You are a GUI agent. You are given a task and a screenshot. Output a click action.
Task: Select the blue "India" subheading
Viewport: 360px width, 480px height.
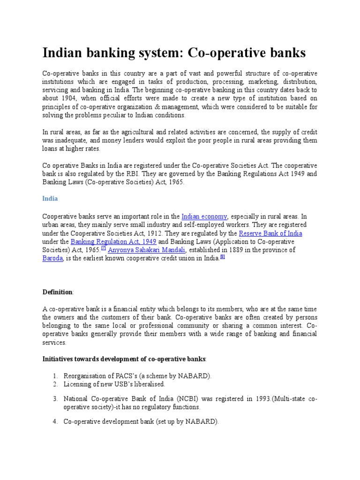[x=50, y=198]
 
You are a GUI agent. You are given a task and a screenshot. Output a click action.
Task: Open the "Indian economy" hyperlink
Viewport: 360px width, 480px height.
[x=204, y=217]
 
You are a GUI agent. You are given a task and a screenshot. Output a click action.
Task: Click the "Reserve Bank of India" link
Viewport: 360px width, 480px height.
[x=270, y=233]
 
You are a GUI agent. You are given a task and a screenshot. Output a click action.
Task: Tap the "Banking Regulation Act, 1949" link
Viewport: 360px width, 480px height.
[x=113, y=242]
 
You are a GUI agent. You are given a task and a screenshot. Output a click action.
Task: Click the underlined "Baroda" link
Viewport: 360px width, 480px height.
[x=52, y=259]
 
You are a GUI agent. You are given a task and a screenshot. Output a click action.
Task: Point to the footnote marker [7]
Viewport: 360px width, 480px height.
[x=104, y=248]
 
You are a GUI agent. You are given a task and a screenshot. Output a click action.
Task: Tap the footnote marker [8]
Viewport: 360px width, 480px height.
[x=223, y=257]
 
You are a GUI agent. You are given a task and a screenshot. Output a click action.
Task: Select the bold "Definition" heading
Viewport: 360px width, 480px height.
[x=58, y=292]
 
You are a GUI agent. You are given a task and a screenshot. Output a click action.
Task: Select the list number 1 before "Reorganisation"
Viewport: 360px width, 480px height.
[x=55, y=376]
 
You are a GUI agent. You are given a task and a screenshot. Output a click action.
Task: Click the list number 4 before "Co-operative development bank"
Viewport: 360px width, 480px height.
[x=55, y=421]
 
